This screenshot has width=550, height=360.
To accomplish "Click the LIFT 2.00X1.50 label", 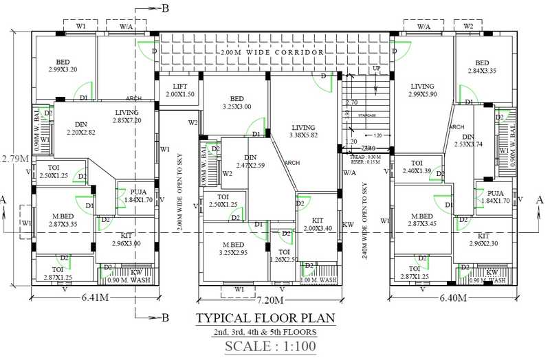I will (179, 90).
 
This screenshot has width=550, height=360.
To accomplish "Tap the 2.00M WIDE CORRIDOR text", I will (272, 52).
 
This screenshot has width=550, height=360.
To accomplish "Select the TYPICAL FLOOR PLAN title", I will (265, 318).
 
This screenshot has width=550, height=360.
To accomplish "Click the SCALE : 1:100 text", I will (270, 346).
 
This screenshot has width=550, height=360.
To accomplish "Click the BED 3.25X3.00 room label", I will (236, 103).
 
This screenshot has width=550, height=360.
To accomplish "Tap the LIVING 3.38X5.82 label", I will (302, 131).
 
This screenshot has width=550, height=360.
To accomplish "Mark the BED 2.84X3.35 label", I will (482, 67).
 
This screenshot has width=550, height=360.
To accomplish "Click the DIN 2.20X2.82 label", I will (82, 128).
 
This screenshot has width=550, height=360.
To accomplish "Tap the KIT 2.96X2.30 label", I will (488, 239).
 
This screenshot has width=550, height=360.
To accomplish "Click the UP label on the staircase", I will (376, 69).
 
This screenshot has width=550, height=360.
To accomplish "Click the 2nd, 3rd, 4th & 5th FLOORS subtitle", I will (265, 332).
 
